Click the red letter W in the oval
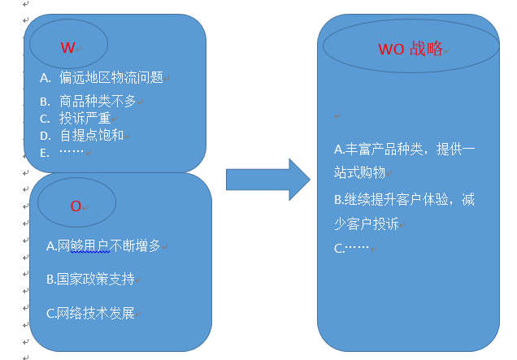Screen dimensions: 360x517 [x=67, y=48]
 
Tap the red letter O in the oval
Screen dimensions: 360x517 [x=76, y=206]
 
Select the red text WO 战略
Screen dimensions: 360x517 [x=411, y=49]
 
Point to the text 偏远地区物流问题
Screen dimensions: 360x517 [x=111, y=78]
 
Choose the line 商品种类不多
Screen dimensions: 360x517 [x=98, y=102]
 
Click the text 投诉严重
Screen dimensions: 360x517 [x=85, y=119]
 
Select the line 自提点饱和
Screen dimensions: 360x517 [x=91, y=135]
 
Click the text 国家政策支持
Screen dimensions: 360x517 [x=90, y=279]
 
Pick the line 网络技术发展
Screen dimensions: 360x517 [x=90, y=313]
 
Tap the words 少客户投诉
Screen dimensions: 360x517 [x=365, y=223]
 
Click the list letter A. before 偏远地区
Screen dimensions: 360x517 [x=46, y=78]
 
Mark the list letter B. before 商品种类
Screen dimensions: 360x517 [x=45, y=102]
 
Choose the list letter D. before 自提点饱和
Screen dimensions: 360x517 [x=45, y=135]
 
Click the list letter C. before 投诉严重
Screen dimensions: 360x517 [x=45, y=119]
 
